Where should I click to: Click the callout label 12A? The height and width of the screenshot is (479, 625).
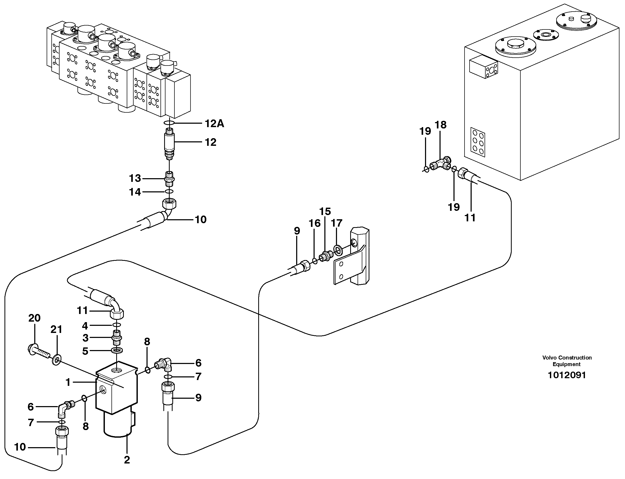(x=214, y=123)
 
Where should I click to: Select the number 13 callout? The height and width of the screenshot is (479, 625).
(x=135, y=178)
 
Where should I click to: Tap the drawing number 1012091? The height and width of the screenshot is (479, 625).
(x=567, y=375)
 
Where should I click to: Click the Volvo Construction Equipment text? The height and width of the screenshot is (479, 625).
(x=567, y=361)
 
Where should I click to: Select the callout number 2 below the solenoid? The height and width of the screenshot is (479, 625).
(x=127, y=460)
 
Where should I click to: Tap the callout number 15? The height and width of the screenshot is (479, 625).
(x=325, y=212)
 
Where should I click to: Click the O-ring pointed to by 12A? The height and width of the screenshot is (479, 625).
(x=169, y=123)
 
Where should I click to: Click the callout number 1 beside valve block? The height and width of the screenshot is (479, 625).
(x=68, y=382)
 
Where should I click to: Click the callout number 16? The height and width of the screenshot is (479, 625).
(x=315, y=223)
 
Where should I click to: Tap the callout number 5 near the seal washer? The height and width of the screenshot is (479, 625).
(x=85, y=351)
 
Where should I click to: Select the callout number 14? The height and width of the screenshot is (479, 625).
(x=135, y=192)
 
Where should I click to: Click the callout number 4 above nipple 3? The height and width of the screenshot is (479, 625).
(x=85, y=326)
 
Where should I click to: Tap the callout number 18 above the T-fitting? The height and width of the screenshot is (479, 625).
(x=440, y=124)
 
